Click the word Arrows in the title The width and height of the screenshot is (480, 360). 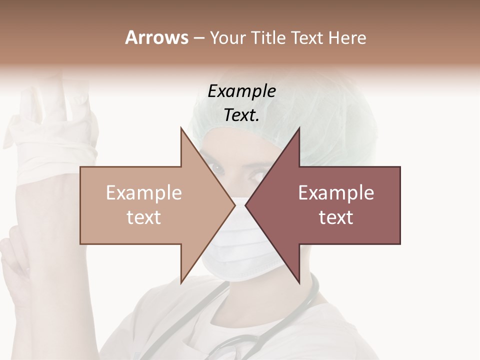tap(156, 37)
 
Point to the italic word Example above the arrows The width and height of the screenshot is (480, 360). tap(241, 91)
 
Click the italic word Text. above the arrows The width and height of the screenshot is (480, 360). tap(241, 115)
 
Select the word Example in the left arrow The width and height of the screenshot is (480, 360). tap(144, 192)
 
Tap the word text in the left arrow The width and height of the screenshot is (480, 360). tap(144, 217)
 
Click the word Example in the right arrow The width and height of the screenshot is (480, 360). tap(336, 192)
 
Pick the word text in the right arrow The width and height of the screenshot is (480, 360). tap(336, 217)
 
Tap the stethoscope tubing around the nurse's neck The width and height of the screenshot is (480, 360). tap(305, 305)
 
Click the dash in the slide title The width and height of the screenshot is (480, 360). tap(198, 38)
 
